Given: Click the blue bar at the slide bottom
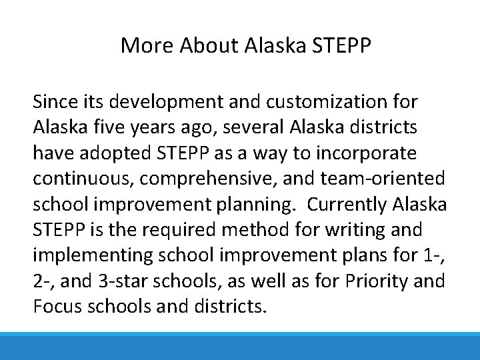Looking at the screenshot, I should tap(240, 347).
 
